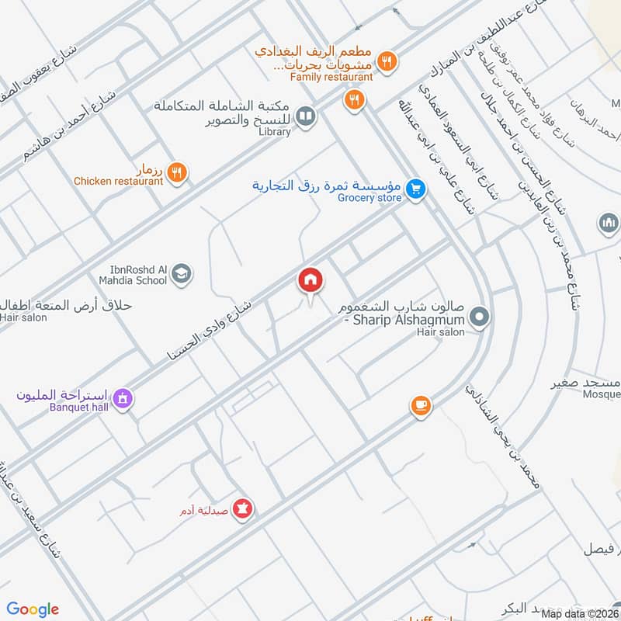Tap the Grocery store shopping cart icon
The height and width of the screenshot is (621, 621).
(416, 189)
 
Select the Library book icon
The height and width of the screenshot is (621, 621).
(306, 116)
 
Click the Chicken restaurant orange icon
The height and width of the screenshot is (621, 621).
(178, 173)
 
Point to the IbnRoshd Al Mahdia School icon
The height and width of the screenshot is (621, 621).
(182, 273)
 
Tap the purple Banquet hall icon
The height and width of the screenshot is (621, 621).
(121, 399)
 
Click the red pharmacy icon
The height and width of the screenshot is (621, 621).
(245, 508)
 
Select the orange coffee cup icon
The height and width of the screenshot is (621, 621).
(420, 405)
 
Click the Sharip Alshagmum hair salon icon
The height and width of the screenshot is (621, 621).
(480, 317)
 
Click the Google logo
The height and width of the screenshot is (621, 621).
(33, 609)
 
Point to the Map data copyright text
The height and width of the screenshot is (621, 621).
(580, 614)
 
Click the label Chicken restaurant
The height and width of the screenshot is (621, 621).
(119, 182)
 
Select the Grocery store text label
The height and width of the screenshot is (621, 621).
(369, 198)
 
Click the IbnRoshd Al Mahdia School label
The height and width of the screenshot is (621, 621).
(133, 274)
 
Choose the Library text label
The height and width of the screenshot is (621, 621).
(276, 132)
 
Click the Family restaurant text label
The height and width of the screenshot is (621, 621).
(331, 77)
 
